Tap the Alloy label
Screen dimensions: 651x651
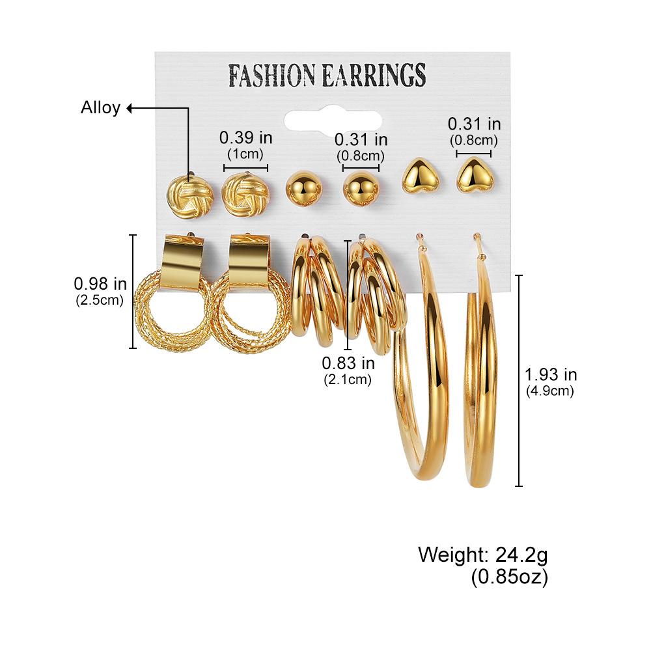click(100, 107)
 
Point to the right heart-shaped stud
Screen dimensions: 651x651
click(475, 174)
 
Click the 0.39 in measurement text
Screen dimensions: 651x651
click(246, 137)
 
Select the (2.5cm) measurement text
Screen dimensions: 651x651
click(100, 300)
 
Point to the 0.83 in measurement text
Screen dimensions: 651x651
click(348, 363)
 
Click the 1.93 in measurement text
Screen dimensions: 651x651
click(551, 375)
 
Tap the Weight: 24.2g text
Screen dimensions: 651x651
click(483, 555)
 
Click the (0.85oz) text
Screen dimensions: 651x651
click(510, 577)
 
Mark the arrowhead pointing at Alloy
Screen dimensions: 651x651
click(129, 108)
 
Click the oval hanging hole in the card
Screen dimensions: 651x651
click(333, 120)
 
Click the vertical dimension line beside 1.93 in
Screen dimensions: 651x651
click(519, 380)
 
